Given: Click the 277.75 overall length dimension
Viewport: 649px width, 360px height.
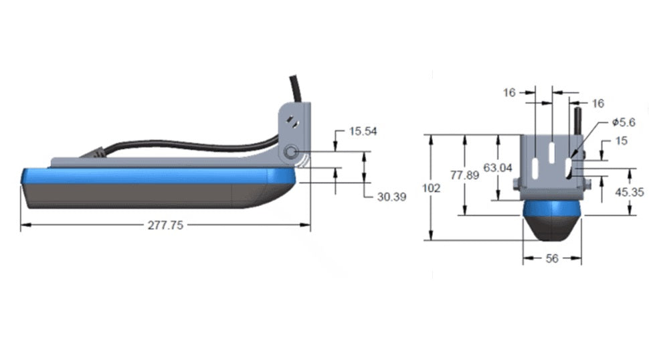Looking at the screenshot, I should pyautogui.click(x=165, y=226).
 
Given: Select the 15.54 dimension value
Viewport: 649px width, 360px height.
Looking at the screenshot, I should pyautogui.click(x=363, y=131).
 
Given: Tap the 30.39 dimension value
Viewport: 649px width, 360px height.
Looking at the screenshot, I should pyautogui.click(x=391, y=197).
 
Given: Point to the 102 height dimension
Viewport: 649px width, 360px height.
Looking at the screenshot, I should pyautogui.click(x=432, y=189).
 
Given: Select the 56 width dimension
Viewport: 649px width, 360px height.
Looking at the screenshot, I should pyautogui.click(x=552, y=258).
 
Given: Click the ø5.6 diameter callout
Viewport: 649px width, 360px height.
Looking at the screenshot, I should pyautogui.click(x=623, y=122).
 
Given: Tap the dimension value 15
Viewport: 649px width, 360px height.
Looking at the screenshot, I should pyautogui.click(x=620, y=141).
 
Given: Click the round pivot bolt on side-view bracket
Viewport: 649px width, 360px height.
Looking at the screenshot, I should pyautogui.click(x=290, y=153).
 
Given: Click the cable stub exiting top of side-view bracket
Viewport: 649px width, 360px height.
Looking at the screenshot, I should pyautogui.click(x=295, y=88).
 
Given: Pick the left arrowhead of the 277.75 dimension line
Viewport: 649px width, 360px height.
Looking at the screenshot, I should pyautogui.click(x=24, y=226).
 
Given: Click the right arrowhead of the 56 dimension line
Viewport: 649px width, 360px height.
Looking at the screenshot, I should pyautogui.click(x=578, y=258).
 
